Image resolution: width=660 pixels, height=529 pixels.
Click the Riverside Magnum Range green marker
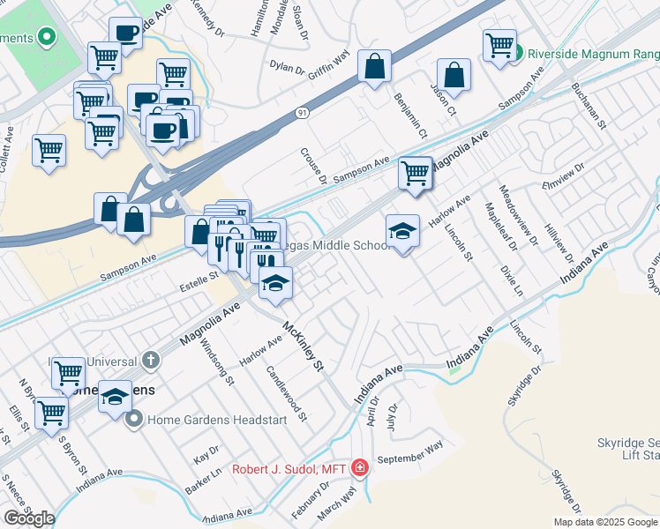520,53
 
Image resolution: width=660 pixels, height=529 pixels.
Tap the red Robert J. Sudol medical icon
359,468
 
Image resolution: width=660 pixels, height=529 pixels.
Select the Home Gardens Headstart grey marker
134,420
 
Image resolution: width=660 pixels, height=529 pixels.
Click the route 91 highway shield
303,113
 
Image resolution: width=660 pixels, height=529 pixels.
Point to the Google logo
29,518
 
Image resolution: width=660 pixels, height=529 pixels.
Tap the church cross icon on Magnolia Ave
151,360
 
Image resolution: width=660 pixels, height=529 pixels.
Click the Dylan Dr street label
287,67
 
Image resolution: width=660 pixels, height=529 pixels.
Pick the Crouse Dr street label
313,166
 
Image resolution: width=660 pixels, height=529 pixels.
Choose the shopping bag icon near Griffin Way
374,67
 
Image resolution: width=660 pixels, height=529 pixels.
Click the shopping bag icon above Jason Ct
454,76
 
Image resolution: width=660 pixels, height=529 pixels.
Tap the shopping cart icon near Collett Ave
49,148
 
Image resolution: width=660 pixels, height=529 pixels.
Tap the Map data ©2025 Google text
605,522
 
